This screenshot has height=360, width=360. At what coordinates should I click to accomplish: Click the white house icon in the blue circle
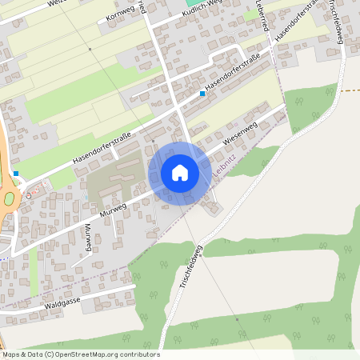coord(179,173)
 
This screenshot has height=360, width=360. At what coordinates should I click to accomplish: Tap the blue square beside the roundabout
coord(16,174)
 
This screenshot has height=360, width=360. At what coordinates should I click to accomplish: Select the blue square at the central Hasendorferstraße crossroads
coord(202,94)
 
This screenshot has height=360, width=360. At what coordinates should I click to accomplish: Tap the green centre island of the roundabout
coord(9,199)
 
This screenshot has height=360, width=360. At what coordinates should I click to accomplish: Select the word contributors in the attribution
coord(141,354)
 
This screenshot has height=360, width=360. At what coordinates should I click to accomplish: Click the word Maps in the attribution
coord(11,354)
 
